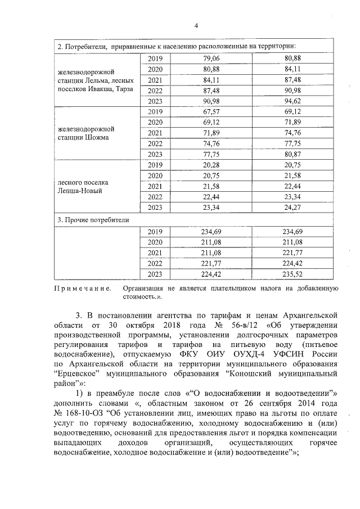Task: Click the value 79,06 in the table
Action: tap(211, 58)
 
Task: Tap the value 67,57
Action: tap(211, 112)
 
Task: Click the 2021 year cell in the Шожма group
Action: tap(155, 133)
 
